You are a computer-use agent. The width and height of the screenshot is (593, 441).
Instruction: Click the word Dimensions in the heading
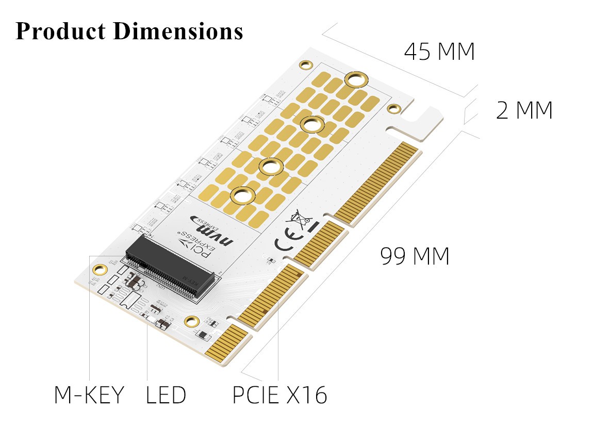coord(178,31)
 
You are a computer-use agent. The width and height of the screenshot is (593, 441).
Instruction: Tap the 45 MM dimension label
coord(439,52)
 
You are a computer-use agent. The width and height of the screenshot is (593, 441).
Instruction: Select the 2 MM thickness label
coord(524,110)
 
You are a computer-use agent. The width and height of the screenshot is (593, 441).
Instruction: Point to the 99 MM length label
coord(415,256)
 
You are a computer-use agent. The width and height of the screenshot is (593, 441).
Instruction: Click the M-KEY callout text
coord(89,395)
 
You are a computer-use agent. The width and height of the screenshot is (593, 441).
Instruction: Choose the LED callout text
coord(166,395)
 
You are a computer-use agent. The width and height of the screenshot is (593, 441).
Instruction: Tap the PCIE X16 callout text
coord(279,395)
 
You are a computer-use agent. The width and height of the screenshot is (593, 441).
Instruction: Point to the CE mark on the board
coord(285,243)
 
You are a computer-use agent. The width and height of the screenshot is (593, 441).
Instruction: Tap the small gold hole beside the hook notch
coord(394,109)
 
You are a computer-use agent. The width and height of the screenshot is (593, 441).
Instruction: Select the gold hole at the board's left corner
coord(99,269)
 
